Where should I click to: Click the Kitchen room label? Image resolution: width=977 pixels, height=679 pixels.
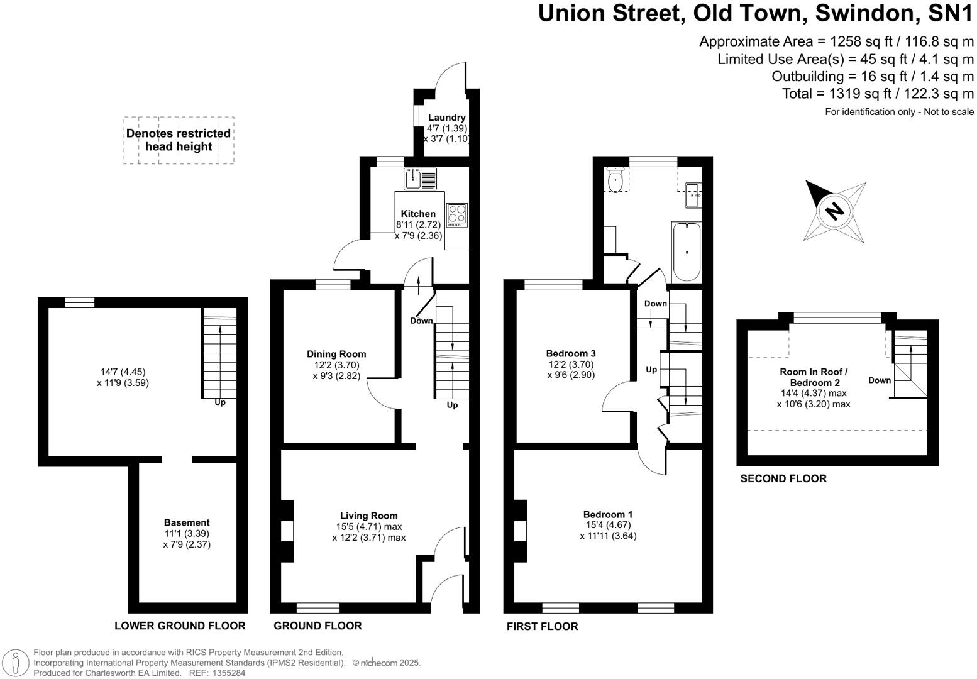[x=418, y=214]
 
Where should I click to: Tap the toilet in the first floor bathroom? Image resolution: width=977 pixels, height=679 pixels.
[x=615, y=181]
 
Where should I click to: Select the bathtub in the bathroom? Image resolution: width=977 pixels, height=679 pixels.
[x=686, y=251]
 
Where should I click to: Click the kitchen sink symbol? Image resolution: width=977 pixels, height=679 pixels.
[x=420, y=179]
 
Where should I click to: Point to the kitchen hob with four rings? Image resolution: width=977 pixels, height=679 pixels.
[x=457, y=215]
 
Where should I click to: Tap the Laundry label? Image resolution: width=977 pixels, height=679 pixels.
[x=446, y=118]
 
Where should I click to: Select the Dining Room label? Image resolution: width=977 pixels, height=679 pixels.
[x=336, y=354]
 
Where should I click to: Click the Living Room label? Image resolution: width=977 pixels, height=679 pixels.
[x=369, y=516]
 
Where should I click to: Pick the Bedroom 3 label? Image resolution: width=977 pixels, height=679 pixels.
[x=571, y=353]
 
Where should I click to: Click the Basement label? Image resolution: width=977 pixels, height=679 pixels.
[x=187, y=522]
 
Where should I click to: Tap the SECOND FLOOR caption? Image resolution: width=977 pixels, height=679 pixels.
[x=783, y=478]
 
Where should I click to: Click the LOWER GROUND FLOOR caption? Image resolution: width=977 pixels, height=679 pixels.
[x=180, y=626]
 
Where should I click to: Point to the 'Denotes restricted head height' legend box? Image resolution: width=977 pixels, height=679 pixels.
[x=179, y=140]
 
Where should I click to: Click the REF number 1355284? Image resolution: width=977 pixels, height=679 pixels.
[x=226, y=673]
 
